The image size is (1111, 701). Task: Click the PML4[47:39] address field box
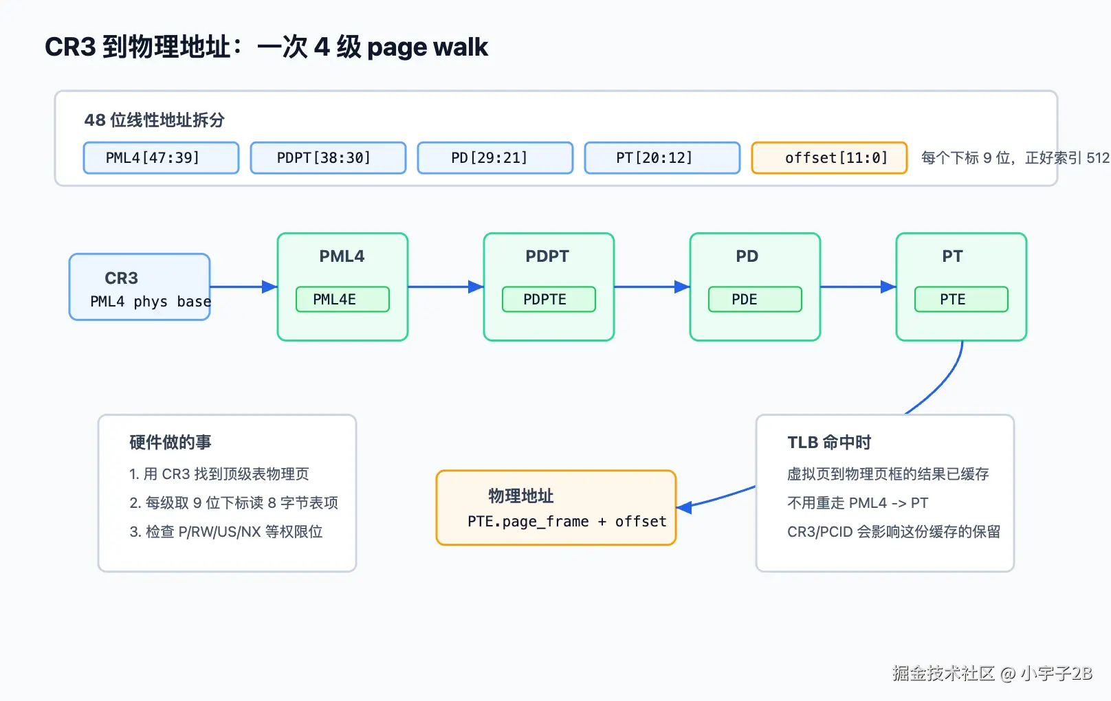pyautogui.click(x=161, y=157)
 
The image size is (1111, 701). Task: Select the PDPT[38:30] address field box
pyautogui.click(x=329, y=157)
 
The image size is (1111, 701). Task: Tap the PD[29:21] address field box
pyautogui.click(x=495, y=157)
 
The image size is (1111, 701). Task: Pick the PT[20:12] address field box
pyautogui.click(x=662, y=157)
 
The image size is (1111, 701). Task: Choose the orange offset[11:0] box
pyautogui.click(x=829, y=157)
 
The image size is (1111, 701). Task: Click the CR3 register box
pyautogui.click(x=140, y=287)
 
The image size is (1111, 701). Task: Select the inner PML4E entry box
pyautogui.click(x=343, y=300)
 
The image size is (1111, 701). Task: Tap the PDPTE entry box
pyautogui.click(x=549, y=300)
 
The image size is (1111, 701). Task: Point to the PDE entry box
pyautogui.click(x=755, y=300)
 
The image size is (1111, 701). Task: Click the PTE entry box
pyautogui.click(x=961, y=300)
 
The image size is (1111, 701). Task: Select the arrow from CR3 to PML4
pyautogui.click(x=243, y=287)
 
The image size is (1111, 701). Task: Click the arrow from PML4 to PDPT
pyautogui.click(x=445, y=287)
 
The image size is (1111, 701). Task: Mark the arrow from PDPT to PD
pyautogui.click(x=652, y=287)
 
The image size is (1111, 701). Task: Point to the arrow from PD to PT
pyautogui.click(x=858, y=287)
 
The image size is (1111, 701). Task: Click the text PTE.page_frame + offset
pyautogui.click(x=567, y=522)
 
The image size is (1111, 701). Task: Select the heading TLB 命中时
pyautogui.click(x=829, y=442)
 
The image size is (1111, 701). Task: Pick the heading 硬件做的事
pyautogui.click(x=170, y=442)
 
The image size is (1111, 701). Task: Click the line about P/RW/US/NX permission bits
pyautogui.click(x=225, y=531)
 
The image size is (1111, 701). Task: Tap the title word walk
pyautogui.click(x=460, y=47)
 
